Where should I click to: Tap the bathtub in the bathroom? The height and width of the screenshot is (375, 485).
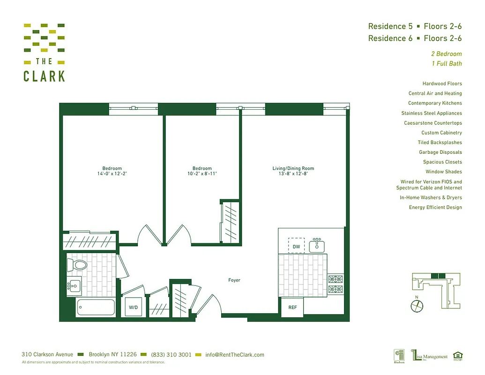(x=96, y=308)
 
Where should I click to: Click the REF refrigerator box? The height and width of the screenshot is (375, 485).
(x=292, y=308)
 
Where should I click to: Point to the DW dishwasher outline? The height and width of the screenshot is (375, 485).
(x=296, y=246)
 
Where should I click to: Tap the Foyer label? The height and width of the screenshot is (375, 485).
(x=234, y=280)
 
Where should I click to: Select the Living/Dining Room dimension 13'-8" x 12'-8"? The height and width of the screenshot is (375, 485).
(x=293, y=174)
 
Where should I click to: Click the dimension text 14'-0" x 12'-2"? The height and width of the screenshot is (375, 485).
(x=112, y=174)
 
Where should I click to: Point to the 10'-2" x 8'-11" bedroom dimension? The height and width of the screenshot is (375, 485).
(x=202, y=174)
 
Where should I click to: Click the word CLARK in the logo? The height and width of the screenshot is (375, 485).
(x=45, y=76)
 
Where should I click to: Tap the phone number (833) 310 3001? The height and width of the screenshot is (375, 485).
(x=171, y=355)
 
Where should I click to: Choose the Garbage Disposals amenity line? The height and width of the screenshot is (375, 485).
(x=440, y=152)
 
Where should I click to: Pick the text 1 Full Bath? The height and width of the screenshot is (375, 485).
(x=447, y=64)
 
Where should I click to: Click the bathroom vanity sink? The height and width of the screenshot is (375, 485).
(x=74, y=284)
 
